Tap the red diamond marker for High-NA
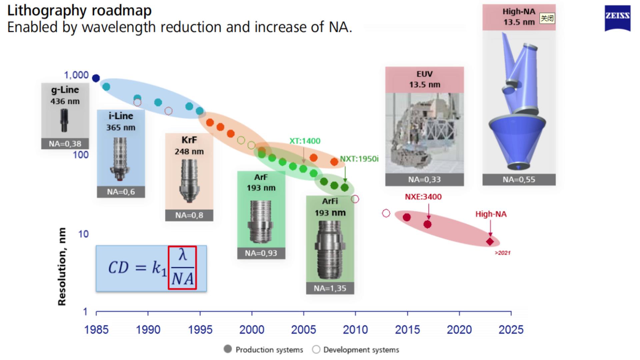[490, 241]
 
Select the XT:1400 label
[305, 141]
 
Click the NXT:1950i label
[359, 159]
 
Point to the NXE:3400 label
[423, 197]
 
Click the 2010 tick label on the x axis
[355, 330]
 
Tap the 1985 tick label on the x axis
[96, 330]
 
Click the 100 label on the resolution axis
[81, 155]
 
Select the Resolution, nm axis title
[62, 266]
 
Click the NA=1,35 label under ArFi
[330, 288]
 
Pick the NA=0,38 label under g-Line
[65, 144]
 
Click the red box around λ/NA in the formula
[182, 268]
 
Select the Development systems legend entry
[356, 350]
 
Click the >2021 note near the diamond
[502, 253]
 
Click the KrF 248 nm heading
[189, 145]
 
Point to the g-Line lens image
[64, 121]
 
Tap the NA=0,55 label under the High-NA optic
[519, 180]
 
